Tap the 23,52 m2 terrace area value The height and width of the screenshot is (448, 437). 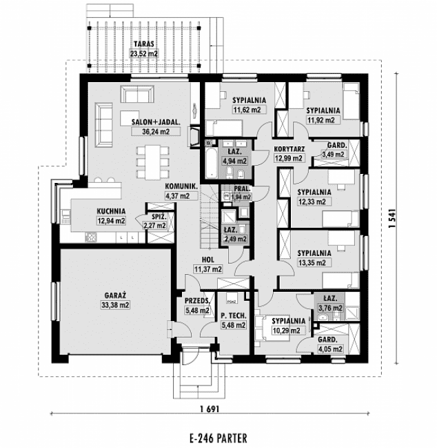tap(143, 52)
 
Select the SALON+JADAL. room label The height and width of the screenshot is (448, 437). tap(156, 122)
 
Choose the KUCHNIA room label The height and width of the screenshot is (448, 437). tap(110, 212)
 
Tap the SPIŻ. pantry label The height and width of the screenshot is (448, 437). tap(154, 215)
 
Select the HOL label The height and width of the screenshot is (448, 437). tap(206, 260)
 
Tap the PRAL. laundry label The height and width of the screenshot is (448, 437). tap(241, 188)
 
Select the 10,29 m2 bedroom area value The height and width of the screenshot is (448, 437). tap(285, 331)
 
